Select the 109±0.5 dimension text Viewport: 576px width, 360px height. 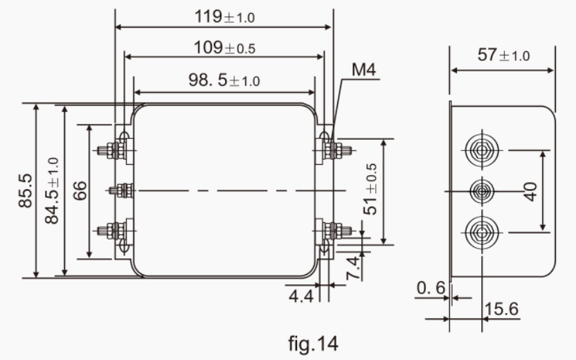point(224,48)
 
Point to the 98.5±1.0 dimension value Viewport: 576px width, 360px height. point(224,80)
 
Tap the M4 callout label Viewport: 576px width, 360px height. point(363,69)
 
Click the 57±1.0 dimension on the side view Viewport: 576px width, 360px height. point(503,55)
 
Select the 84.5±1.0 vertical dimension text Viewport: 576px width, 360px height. point(52,190)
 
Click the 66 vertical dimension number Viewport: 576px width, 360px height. point(79,191)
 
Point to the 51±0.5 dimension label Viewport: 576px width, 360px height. point(371,189)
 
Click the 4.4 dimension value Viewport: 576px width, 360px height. point(300,296)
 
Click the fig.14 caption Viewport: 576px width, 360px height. point(313,342)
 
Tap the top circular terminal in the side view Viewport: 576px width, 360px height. point(480,150)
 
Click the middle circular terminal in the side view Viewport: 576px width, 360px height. point(480,190)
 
